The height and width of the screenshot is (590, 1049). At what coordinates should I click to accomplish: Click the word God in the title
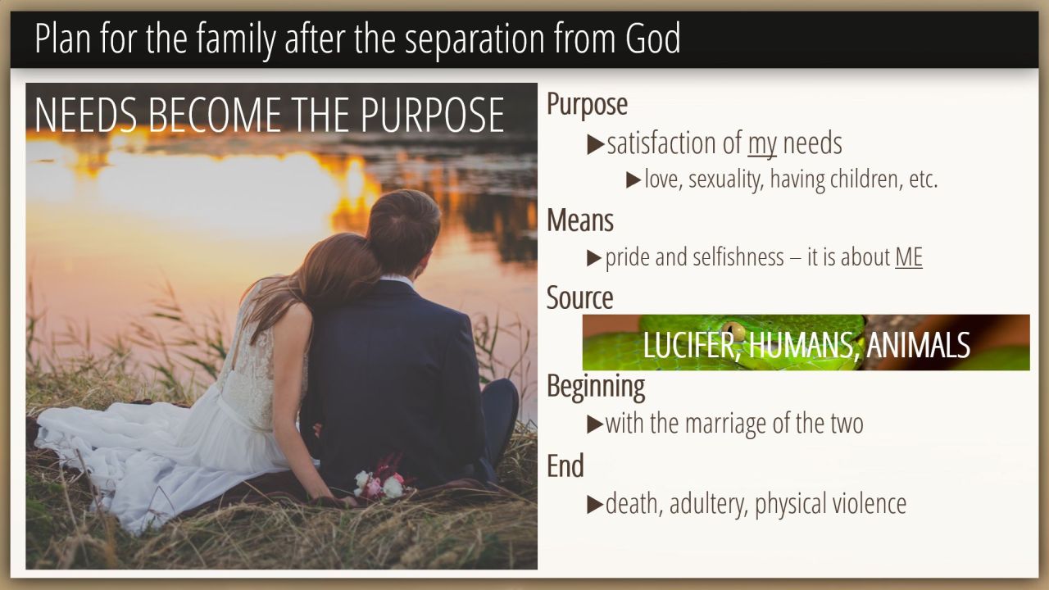click(653, 39)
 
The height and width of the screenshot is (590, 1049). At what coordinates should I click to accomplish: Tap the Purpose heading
click(588, 105)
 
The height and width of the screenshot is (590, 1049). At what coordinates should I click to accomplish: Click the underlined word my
click(762, 144)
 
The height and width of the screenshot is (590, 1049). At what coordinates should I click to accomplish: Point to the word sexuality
click(726, 180)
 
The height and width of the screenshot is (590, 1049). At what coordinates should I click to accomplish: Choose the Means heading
click(580, 220)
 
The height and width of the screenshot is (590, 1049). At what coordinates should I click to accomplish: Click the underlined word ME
click(909, 257)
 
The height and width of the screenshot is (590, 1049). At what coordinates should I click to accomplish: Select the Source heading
click(579, 297)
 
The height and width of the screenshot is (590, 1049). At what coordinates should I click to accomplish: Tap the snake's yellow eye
click(733, 330)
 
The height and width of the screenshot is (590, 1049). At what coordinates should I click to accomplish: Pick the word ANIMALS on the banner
click(918, 345)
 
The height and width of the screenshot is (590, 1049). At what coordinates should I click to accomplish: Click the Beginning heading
click(596, 388)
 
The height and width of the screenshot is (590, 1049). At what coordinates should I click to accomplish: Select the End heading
click(565, 466)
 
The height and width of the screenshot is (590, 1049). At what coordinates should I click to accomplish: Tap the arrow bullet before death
click(595, 504)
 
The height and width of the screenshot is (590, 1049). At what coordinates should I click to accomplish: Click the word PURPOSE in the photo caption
click(432, 116)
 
